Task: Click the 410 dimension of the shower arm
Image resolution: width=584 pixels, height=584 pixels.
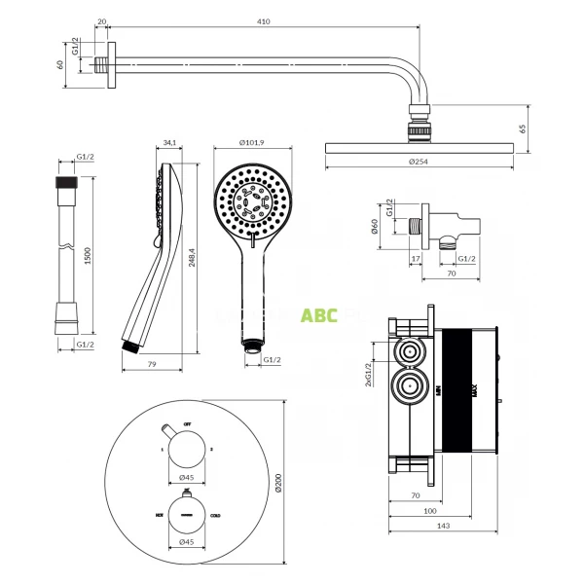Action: click(262, 20)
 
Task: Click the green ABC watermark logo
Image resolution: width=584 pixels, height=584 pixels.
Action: click(319, 315)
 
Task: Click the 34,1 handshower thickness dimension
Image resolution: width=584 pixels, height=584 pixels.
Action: click(169, 143)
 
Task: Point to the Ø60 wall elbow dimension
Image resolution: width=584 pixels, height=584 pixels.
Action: click(374, 228)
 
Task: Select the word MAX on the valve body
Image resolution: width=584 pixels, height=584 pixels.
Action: click(474, 389)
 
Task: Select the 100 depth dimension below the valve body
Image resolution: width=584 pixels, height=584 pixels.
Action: click(430, 509)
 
